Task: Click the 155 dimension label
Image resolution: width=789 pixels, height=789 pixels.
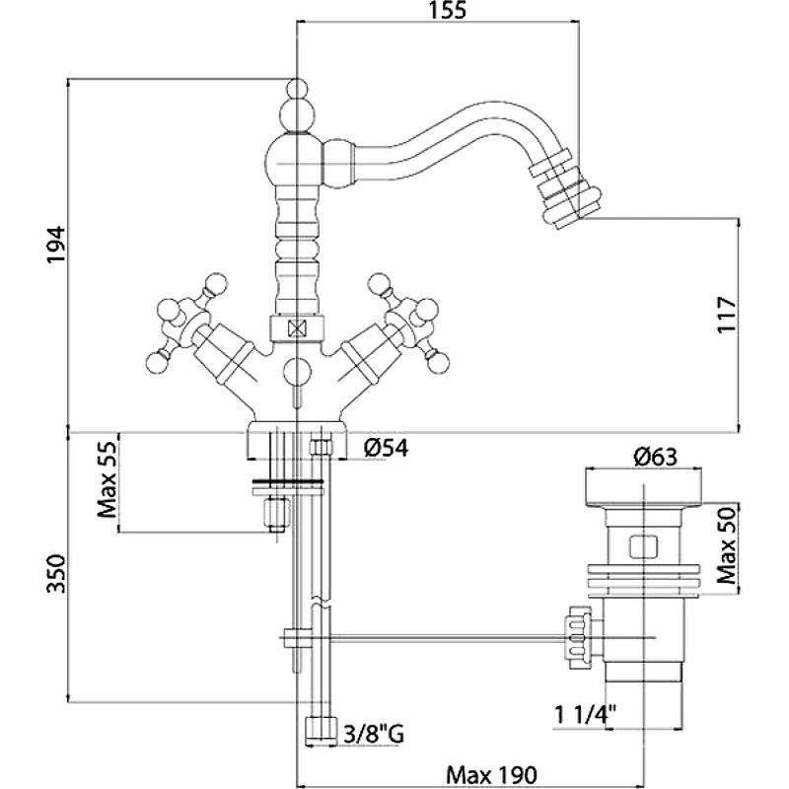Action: coord(434,13)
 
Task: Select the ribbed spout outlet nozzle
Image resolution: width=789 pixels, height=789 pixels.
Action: coord(560,189)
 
